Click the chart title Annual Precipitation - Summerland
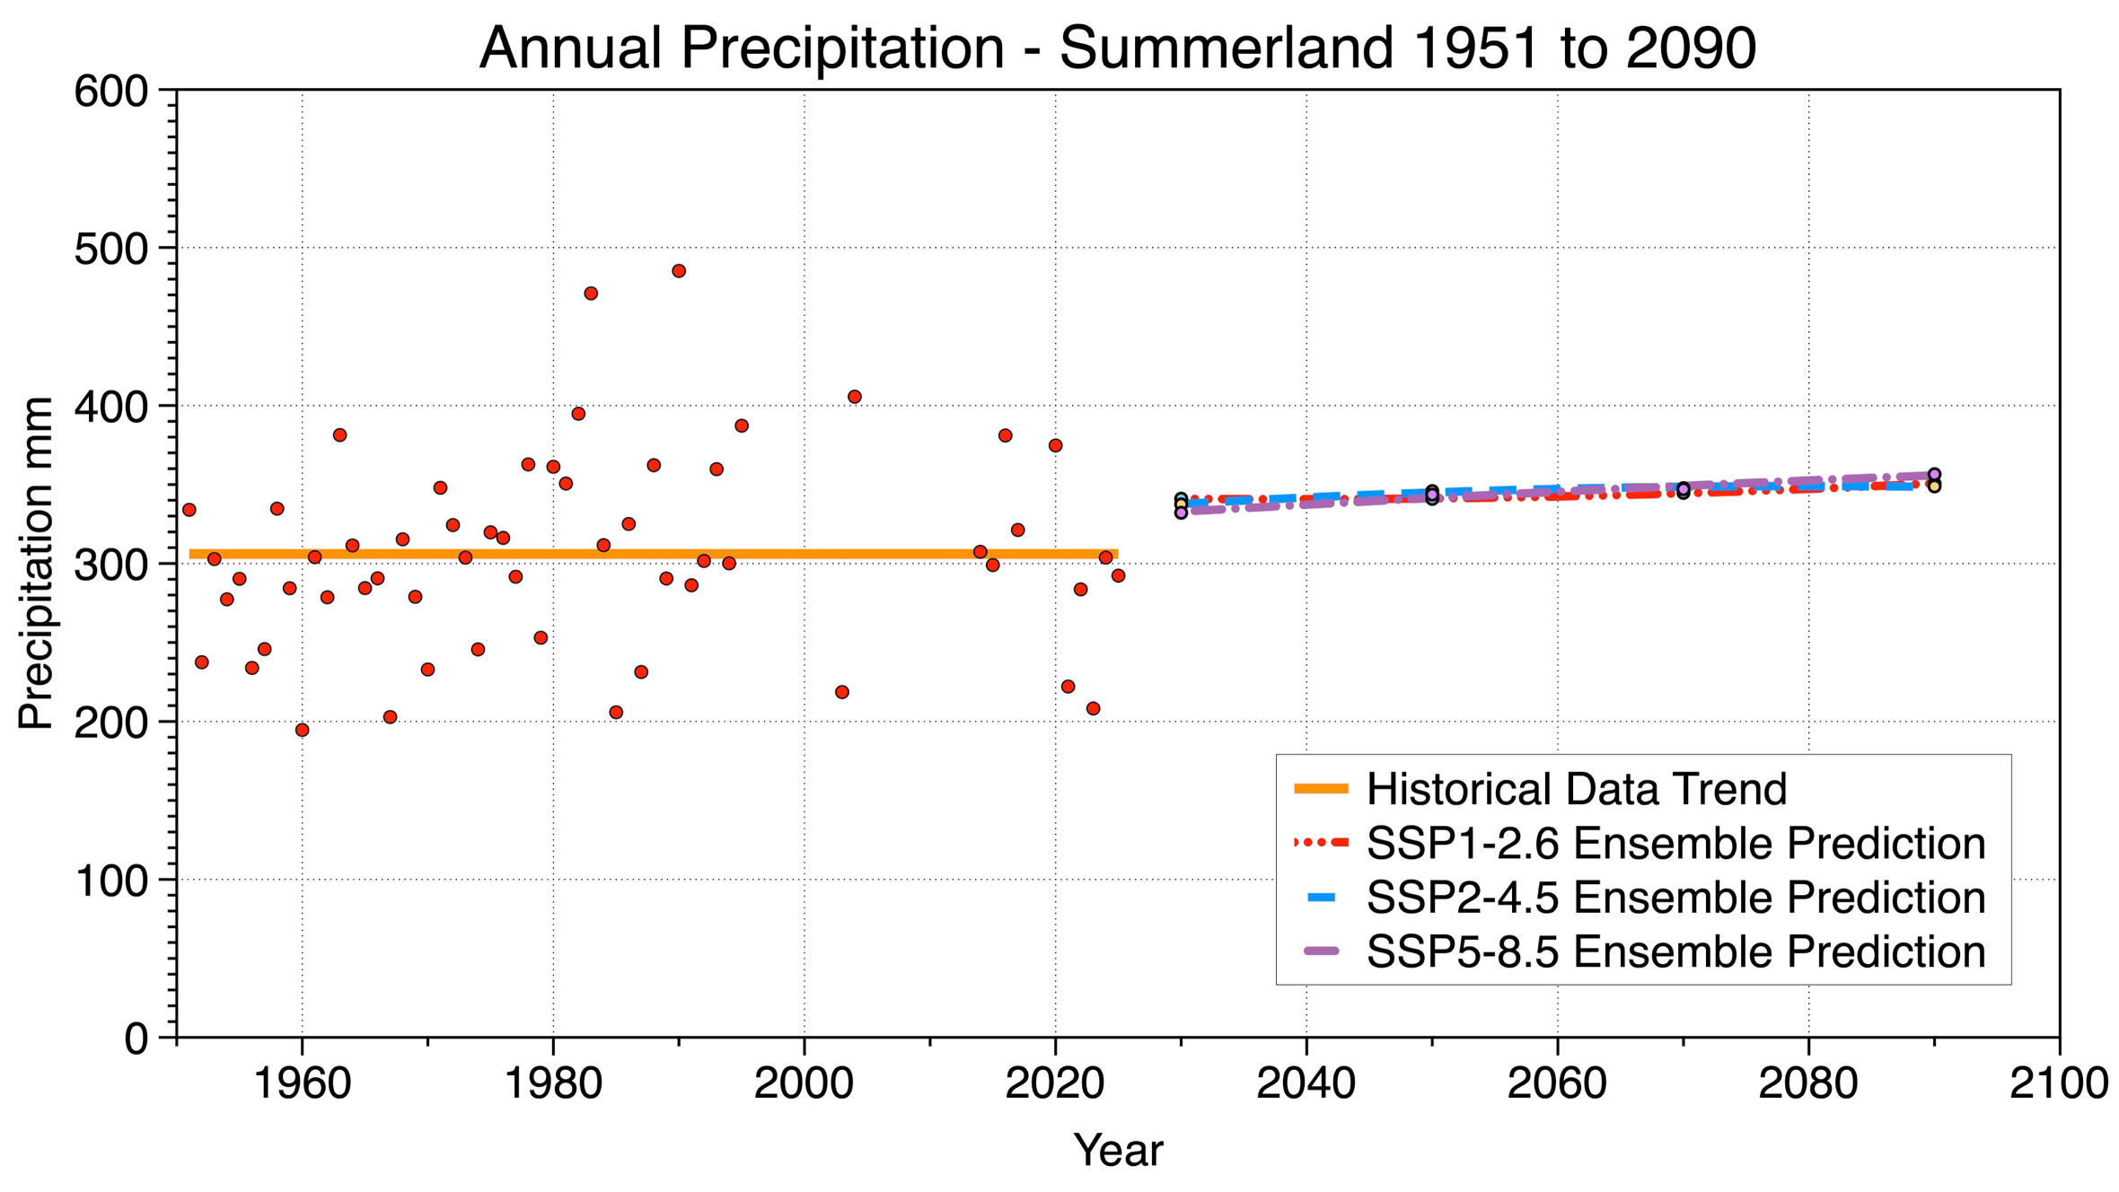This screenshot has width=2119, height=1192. tap(1117, 48)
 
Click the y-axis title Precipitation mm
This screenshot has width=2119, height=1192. tap(37, 563)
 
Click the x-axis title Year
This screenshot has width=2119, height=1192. tap(1118, 1150)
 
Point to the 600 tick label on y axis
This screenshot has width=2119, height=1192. tap(111, 92)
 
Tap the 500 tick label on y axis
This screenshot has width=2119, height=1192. tap(111, 250)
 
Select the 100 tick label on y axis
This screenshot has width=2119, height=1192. tap(111, 881)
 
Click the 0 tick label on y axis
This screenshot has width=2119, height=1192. tap(136, 1039)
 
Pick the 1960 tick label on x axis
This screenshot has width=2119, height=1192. tap(303, 1083)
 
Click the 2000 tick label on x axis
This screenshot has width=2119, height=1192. tap(804, 1083)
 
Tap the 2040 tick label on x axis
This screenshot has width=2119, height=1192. tap(1306, 1083)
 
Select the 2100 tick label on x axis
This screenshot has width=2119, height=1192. tap(2058, 1083)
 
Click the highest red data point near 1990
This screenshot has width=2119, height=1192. tap(679, 271)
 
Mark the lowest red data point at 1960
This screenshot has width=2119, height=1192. tap(303, 731)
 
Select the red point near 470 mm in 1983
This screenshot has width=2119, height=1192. tap(591, 294)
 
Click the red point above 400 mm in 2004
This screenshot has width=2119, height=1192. tap(855, 397)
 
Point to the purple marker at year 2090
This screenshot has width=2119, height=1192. tap(1935, 475)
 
